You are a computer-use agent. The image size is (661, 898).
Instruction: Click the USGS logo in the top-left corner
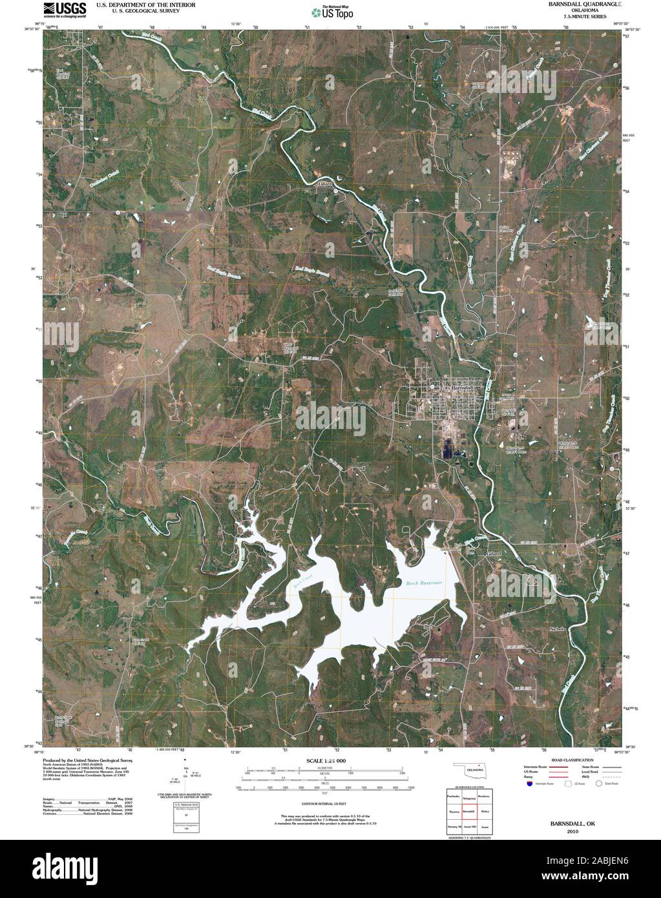65,8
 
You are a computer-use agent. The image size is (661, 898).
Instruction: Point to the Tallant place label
324,183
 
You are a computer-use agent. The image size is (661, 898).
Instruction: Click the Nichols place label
557,629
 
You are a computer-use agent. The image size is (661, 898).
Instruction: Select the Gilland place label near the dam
494,554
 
